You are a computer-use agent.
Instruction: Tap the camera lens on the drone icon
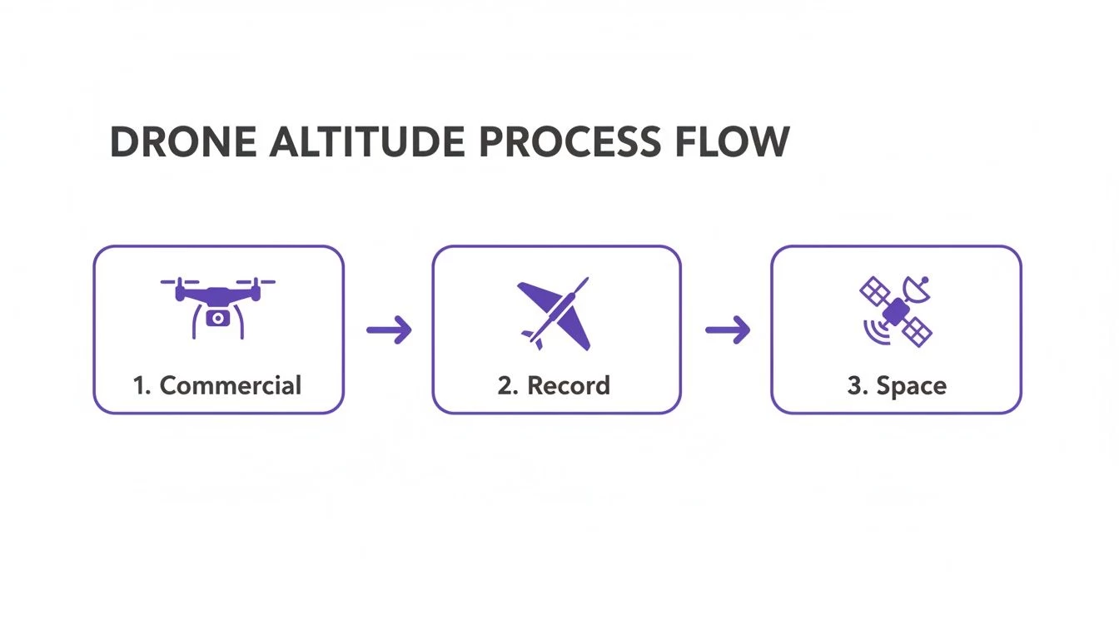[x=217, y=317]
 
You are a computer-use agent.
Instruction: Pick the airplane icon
[x=555, y=314]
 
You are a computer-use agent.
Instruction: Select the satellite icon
[x=896, y=311]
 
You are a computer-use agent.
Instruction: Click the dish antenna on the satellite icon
[x=917, y=289]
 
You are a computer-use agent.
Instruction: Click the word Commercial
[x=230, y=385]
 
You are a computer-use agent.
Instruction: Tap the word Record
[x=569, y=386]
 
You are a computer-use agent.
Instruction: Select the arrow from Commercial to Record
[x=389, y=330]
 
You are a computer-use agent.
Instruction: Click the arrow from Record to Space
[x=727, y=330]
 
